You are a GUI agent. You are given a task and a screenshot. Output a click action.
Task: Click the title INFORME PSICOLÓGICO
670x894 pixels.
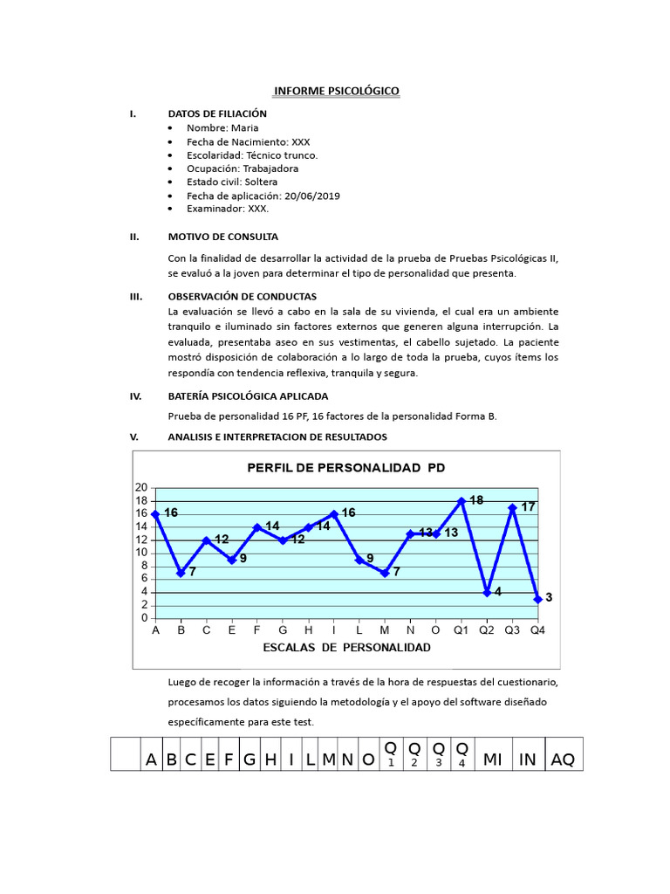[x=337, y=91]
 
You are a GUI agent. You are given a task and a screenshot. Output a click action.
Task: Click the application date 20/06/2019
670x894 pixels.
[x=312, y=196]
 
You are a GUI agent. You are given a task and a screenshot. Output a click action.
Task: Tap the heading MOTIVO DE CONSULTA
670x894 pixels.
[x=222, y=237]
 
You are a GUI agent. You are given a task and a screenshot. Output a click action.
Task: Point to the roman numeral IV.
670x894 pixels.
[x=135, y=395]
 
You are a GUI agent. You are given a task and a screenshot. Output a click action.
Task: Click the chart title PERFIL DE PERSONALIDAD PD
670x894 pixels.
[x=346, y=468]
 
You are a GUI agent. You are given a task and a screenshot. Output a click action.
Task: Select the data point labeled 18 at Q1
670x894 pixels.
[x=461, y=501]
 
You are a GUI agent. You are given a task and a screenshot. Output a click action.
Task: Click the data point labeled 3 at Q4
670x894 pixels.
[x=537, y=599]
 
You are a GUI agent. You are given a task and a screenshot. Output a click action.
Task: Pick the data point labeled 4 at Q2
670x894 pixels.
[x=487, y=592]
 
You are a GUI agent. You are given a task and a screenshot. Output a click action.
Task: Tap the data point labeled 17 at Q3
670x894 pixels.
[x=512, y=507]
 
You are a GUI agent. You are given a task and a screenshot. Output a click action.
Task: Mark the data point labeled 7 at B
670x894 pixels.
[x=181, y=573]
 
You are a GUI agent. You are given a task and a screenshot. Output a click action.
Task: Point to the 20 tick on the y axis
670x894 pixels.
[x=140, y=487]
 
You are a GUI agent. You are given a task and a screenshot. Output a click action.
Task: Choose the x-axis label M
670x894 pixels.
[x=385, y=629]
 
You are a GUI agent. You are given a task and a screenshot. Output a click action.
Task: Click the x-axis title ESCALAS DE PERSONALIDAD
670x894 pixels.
[x=346, y=648]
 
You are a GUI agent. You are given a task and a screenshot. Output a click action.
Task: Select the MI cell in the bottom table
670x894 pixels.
[x=492, y=760]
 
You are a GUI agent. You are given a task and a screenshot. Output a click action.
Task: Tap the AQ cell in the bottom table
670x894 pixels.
[x=563, y=760]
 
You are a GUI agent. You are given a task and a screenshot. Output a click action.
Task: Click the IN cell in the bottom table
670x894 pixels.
[x=528, y=760]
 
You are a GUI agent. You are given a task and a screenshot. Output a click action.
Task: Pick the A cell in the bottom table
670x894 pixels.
[x=151, y=760]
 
